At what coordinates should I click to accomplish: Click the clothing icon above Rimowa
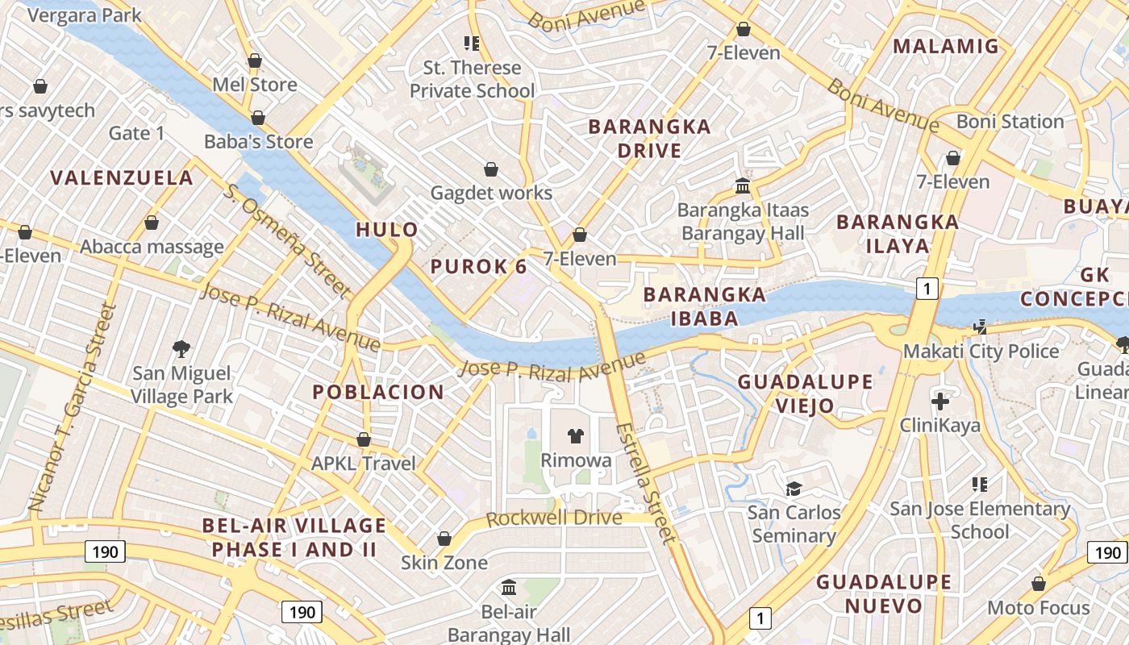pos(575,436)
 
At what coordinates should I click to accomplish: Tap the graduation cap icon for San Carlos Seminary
pos(794,489)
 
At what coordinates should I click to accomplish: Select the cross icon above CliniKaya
pos(940,401)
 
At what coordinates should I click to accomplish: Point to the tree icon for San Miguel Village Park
pos(181,349)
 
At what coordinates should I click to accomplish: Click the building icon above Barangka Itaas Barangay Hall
pos(743,186)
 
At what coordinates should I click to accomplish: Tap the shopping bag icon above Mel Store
pos(255,60)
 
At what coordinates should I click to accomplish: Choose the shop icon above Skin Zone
pos(444,538)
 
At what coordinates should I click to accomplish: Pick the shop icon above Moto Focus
pos(1039,583)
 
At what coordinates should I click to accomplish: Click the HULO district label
pos(387,230)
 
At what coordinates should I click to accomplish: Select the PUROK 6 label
pos(479,267)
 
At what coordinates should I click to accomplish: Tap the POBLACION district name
pos(378,393)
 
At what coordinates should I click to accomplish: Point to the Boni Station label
pos(1010,122)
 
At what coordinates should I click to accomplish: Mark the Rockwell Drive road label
pos(554,518)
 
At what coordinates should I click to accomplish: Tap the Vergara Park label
pos(84,15)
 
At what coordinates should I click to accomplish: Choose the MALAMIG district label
pos(946,46)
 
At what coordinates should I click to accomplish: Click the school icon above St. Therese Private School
pos(472,43)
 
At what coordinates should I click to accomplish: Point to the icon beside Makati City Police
pos(981,327)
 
